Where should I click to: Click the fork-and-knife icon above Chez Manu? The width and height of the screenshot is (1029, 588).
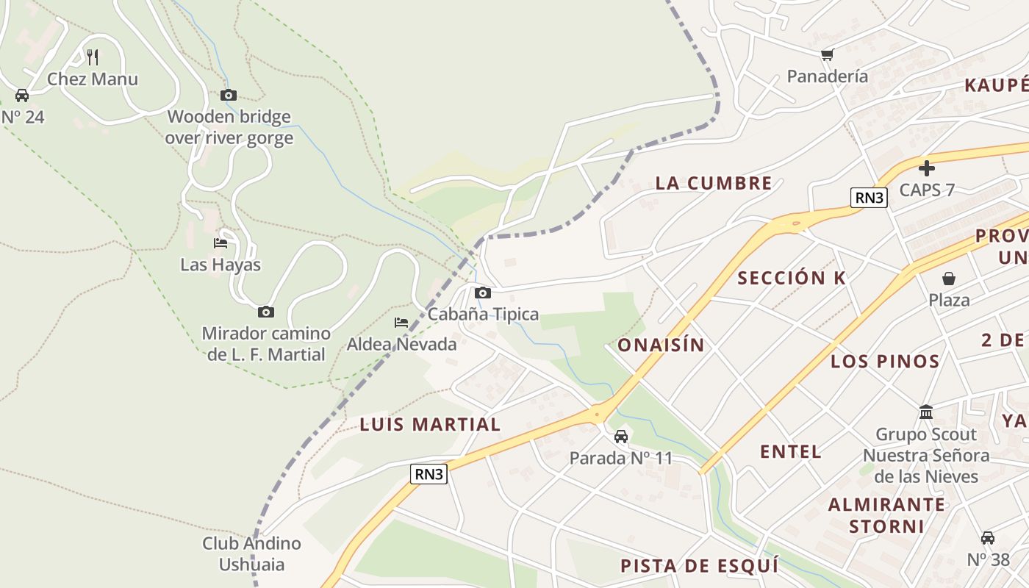pyautogui.click(x=93, y=57)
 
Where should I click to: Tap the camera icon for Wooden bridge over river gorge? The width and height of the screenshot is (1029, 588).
pyautogui.click(x=229, y=95)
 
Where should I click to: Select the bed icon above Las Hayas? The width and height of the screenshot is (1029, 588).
pyautogui.click(x=220, y=243)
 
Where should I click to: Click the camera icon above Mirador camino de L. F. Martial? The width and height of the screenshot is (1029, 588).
pyautogui.click(x=266, y=312)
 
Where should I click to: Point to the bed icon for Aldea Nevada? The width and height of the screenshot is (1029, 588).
pyautogui.click(x=401, y=322)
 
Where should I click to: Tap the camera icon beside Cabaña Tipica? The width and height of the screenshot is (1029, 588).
pyautogui.click(x=483, y=293)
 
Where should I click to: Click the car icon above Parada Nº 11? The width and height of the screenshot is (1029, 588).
pyautogui.click(x=621, y=437)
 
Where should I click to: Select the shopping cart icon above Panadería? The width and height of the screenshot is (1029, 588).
pyautogui.click(x=828, y=54)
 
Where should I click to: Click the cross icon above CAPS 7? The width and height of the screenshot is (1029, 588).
pyautogui.click(x=927, y=168)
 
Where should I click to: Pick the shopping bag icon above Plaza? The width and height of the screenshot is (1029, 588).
pyautogui.click(x=949, y=279)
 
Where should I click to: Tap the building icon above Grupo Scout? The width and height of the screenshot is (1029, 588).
pyautogui.click(x=926, y=412)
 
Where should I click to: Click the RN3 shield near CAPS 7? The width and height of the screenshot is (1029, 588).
pyautogui.click(x=869, y=197)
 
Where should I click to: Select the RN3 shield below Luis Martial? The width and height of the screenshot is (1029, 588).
pyautogui.click(x=429, y=474)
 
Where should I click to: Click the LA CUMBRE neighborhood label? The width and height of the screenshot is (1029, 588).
pyautogui.click(x=714, y=183)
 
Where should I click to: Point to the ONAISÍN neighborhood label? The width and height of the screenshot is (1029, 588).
pyautogui.click(x=661, y=345)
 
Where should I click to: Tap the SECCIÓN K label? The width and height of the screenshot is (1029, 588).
pyautogui.click(x=792, y=278)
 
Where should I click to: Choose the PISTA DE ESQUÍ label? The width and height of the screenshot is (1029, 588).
pyautogui.click(x=699, y=565)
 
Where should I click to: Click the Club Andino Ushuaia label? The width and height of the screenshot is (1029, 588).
pyautogui.click(x=252, y=553)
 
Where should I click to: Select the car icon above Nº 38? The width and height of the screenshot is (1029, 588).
pyautogui.click(x=988, y=538)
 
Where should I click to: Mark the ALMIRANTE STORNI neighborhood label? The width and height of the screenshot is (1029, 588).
pyautogui.click(x=887, y=515)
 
